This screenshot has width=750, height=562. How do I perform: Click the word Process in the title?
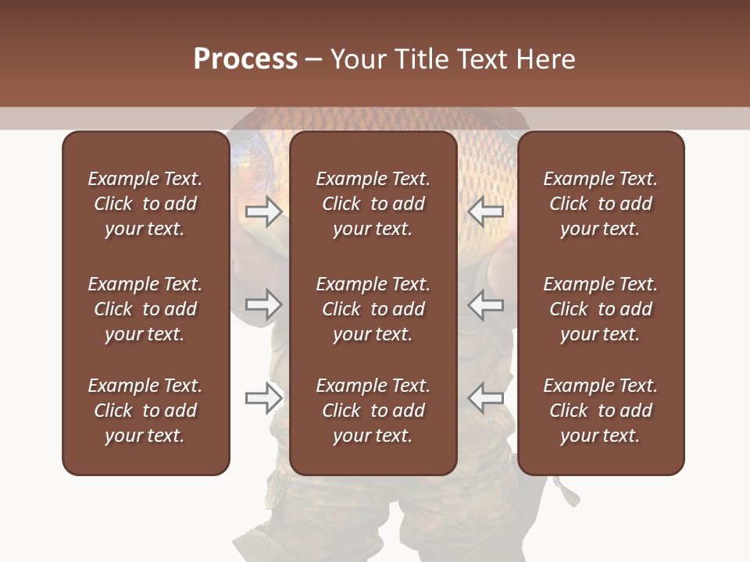point(245,59)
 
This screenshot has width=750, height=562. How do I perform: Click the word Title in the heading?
point(420,59)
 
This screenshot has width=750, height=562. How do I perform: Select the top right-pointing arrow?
point(264,212)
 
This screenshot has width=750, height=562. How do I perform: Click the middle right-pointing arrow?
point(264,304)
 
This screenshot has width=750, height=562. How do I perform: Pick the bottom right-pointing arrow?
point(264,398)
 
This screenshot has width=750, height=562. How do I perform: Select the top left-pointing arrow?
point(485,212)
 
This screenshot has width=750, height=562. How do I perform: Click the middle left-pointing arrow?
point(485,304)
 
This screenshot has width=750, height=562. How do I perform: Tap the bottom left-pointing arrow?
point(485,398)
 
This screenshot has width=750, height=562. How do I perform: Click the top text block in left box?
point(145,204)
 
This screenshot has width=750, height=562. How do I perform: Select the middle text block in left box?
point(145,309)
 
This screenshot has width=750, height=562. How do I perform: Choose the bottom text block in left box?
point(145,411)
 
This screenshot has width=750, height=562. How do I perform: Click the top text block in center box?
point(373,204)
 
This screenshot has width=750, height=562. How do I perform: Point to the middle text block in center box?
point(373,309)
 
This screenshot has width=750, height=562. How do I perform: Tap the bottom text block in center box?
point(373,411)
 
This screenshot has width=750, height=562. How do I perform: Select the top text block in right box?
point(601,204)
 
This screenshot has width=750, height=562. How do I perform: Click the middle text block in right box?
point(601,309)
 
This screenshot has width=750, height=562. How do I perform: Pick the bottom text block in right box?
point(601,411)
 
